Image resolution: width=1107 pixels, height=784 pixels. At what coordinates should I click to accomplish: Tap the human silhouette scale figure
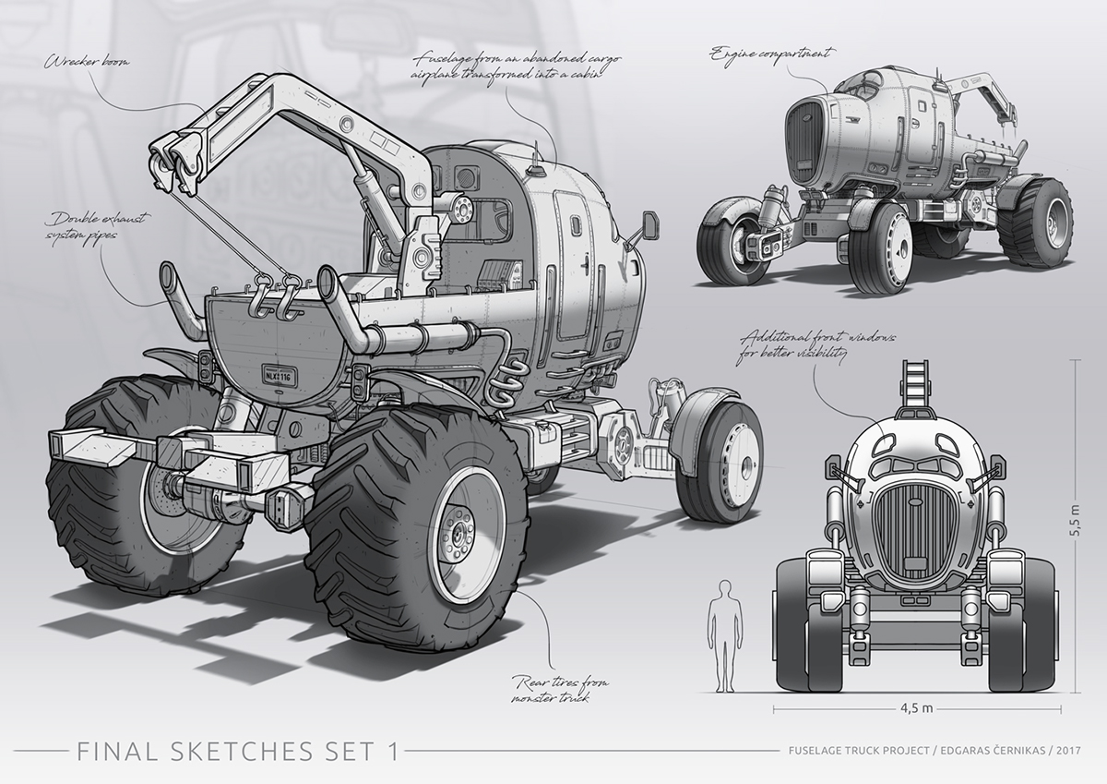pyautogui.click(x=724, y=636)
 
